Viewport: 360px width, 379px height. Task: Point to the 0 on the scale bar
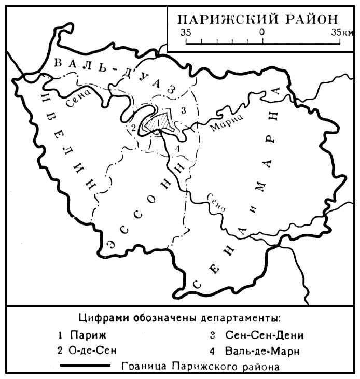(262, 32)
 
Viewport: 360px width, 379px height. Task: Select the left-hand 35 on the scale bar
(186, 32)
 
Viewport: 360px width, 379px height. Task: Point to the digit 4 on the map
(178, 149)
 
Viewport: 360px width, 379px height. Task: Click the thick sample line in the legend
(86, 366)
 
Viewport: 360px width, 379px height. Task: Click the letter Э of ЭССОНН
(109, 245)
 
